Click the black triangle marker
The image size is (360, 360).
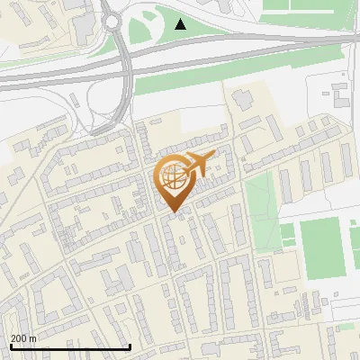(181, 24)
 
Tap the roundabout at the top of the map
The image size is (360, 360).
(112, 19)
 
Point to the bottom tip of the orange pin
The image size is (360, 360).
(172, 212)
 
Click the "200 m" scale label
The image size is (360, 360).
(23, 338)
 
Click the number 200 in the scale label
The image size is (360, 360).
(18, 338)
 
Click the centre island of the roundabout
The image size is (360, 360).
(112, 19)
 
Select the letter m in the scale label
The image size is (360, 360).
(33, 338)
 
